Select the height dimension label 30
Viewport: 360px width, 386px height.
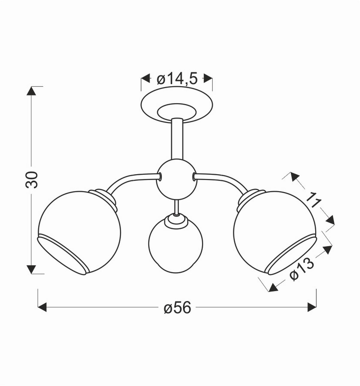point(31,180)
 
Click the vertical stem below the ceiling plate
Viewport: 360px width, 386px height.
point(177,138)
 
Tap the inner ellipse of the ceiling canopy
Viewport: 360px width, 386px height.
point(177,112)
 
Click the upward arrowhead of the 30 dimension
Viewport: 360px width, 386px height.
point(31,91)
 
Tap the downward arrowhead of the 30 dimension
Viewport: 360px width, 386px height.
point(31,269)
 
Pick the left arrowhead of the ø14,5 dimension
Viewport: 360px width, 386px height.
point(146,79)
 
